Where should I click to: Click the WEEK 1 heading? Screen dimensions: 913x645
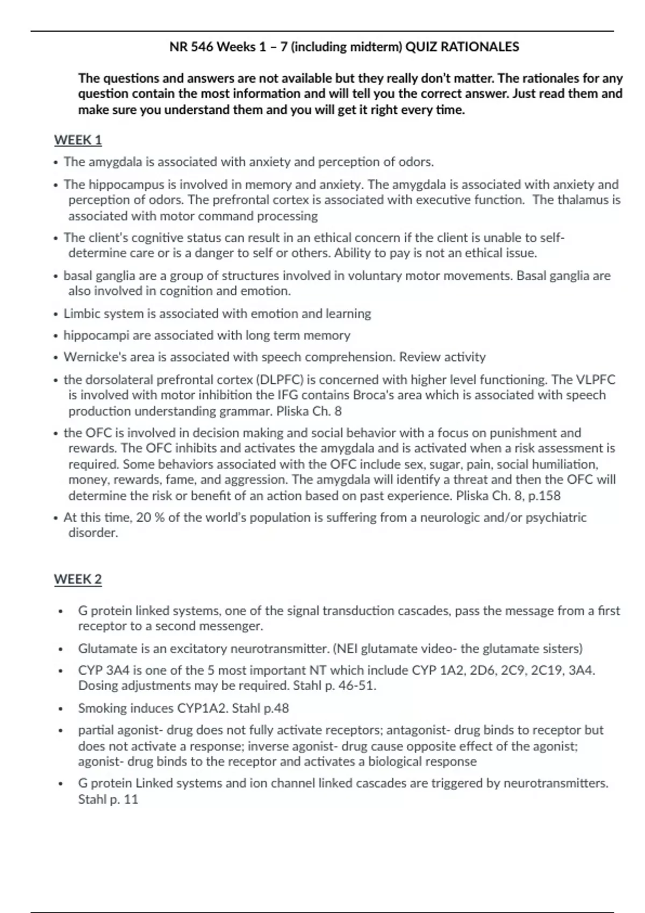pyautogui.click(x=77, y=140)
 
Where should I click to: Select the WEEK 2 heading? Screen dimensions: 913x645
pyautogui.click(x=77, y=579)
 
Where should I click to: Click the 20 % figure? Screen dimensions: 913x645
pyautogui.click(x=150, y=518)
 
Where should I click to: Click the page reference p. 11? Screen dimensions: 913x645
pyautogui.click(x=124, y=800)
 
